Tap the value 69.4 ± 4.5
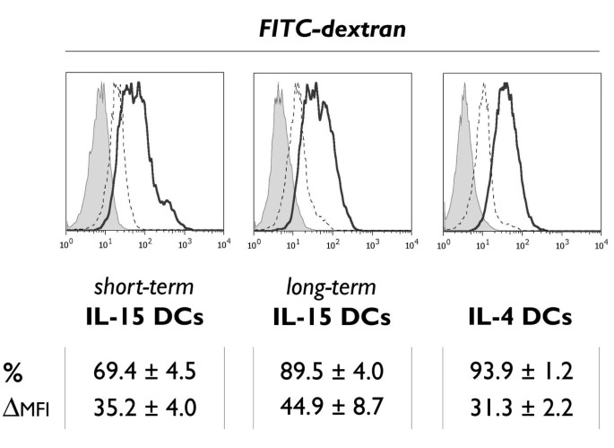pyautogui.click(x=145, y=372)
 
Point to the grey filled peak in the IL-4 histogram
pyautogui.click(x=463, y=162)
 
